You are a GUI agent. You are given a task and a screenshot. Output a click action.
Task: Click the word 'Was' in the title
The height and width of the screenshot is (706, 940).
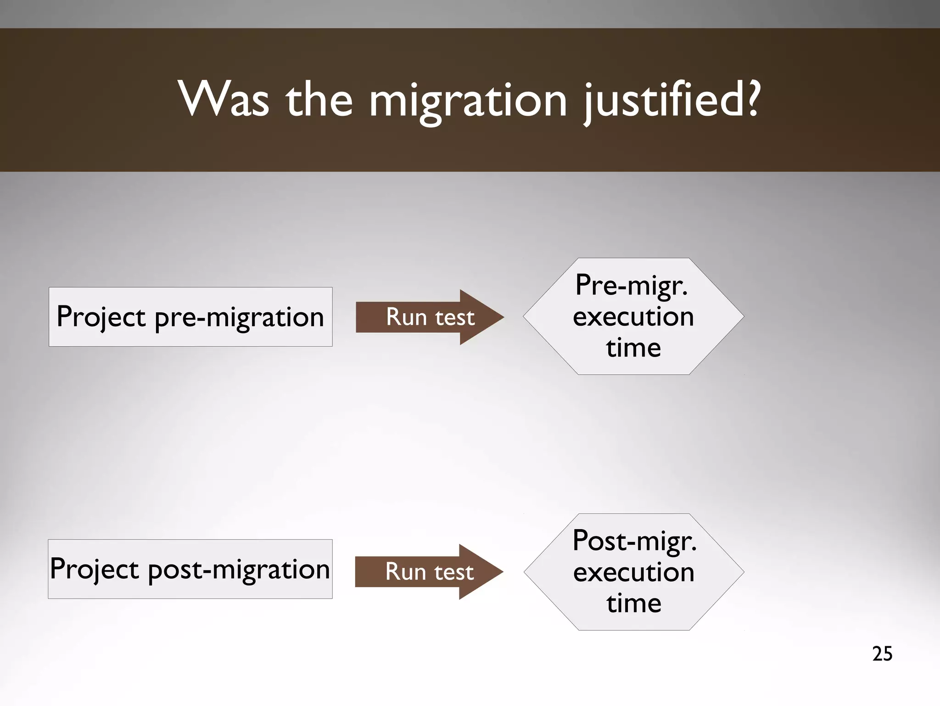pos(224,99)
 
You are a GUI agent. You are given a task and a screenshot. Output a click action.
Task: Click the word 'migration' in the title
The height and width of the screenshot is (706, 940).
pos(468,101)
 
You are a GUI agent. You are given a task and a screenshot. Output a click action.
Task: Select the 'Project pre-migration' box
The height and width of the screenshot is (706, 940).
pos(190,317)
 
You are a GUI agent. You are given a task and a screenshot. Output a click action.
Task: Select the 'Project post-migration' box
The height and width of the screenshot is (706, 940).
pos(190,569)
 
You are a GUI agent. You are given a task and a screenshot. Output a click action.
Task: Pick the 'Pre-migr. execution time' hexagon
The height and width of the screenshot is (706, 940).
pos(633,316)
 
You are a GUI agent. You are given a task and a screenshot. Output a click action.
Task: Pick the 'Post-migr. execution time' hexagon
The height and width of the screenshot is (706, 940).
pos(633,572)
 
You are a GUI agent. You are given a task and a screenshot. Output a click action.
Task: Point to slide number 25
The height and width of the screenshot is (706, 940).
pos(882,654)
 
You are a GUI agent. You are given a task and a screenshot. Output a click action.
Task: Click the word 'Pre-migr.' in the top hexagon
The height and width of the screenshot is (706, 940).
pos(632,286)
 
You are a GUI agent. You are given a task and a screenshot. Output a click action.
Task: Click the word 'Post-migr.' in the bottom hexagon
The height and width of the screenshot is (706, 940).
pos(634,541)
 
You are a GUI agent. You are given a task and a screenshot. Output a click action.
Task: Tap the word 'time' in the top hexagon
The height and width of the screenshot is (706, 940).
pos(633,348)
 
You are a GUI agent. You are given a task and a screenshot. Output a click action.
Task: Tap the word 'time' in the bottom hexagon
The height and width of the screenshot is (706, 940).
pos(634,603)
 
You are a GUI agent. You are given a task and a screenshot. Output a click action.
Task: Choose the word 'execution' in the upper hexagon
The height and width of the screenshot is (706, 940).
pos(633,316)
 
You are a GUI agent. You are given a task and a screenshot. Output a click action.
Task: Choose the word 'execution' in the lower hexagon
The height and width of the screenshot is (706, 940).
pos(634,572)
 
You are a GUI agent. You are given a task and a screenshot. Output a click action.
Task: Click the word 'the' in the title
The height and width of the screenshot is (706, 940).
pos(319,99)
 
